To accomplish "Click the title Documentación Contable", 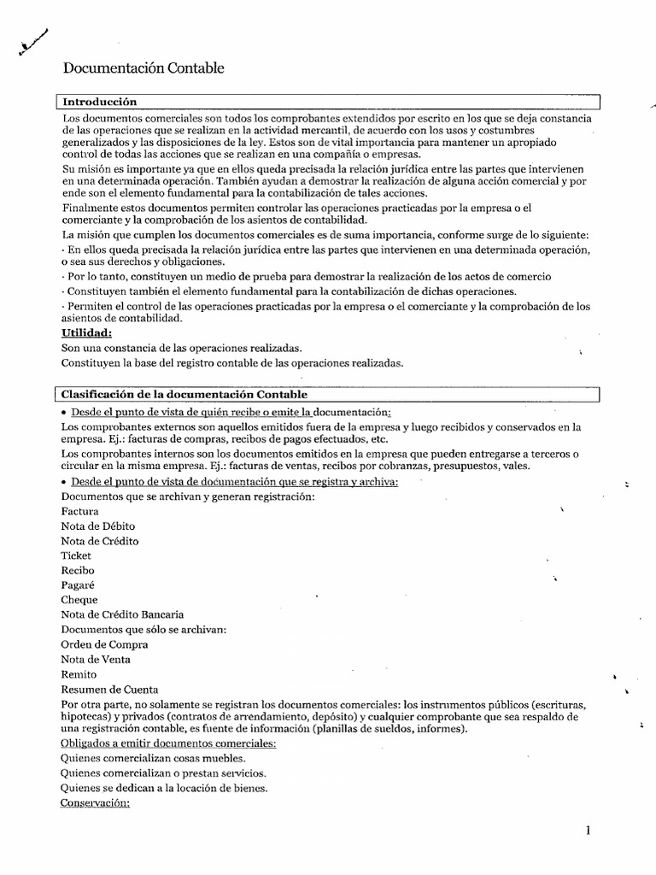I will (x=144, y=68).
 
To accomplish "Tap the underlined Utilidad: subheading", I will (x=86, y=333).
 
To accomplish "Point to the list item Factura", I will (x=80, y=511).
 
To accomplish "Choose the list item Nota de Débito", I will (x=98, y=526).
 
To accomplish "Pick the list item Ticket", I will (x=77, y=555).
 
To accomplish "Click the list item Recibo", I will (x=79, y=570).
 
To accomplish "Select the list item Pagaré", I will (x=78, y=585).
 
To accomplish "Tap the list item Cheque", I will (x=80, y=600).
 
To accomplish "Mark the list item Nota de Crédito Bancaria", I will (x=122, y=614).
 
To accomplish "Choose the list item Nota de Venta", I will (x=97, y=660).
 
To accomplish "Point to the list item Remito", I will (x=79, y=674).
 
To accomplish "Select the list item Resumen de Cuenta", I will (x=109, y=690).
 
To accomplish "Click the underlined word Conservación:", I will (x=96, y=803).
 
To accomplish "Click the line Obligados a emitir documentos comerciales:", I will (x=168, y=744).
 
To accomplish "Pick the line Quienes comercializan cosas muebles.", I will (x=153, y=759).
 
